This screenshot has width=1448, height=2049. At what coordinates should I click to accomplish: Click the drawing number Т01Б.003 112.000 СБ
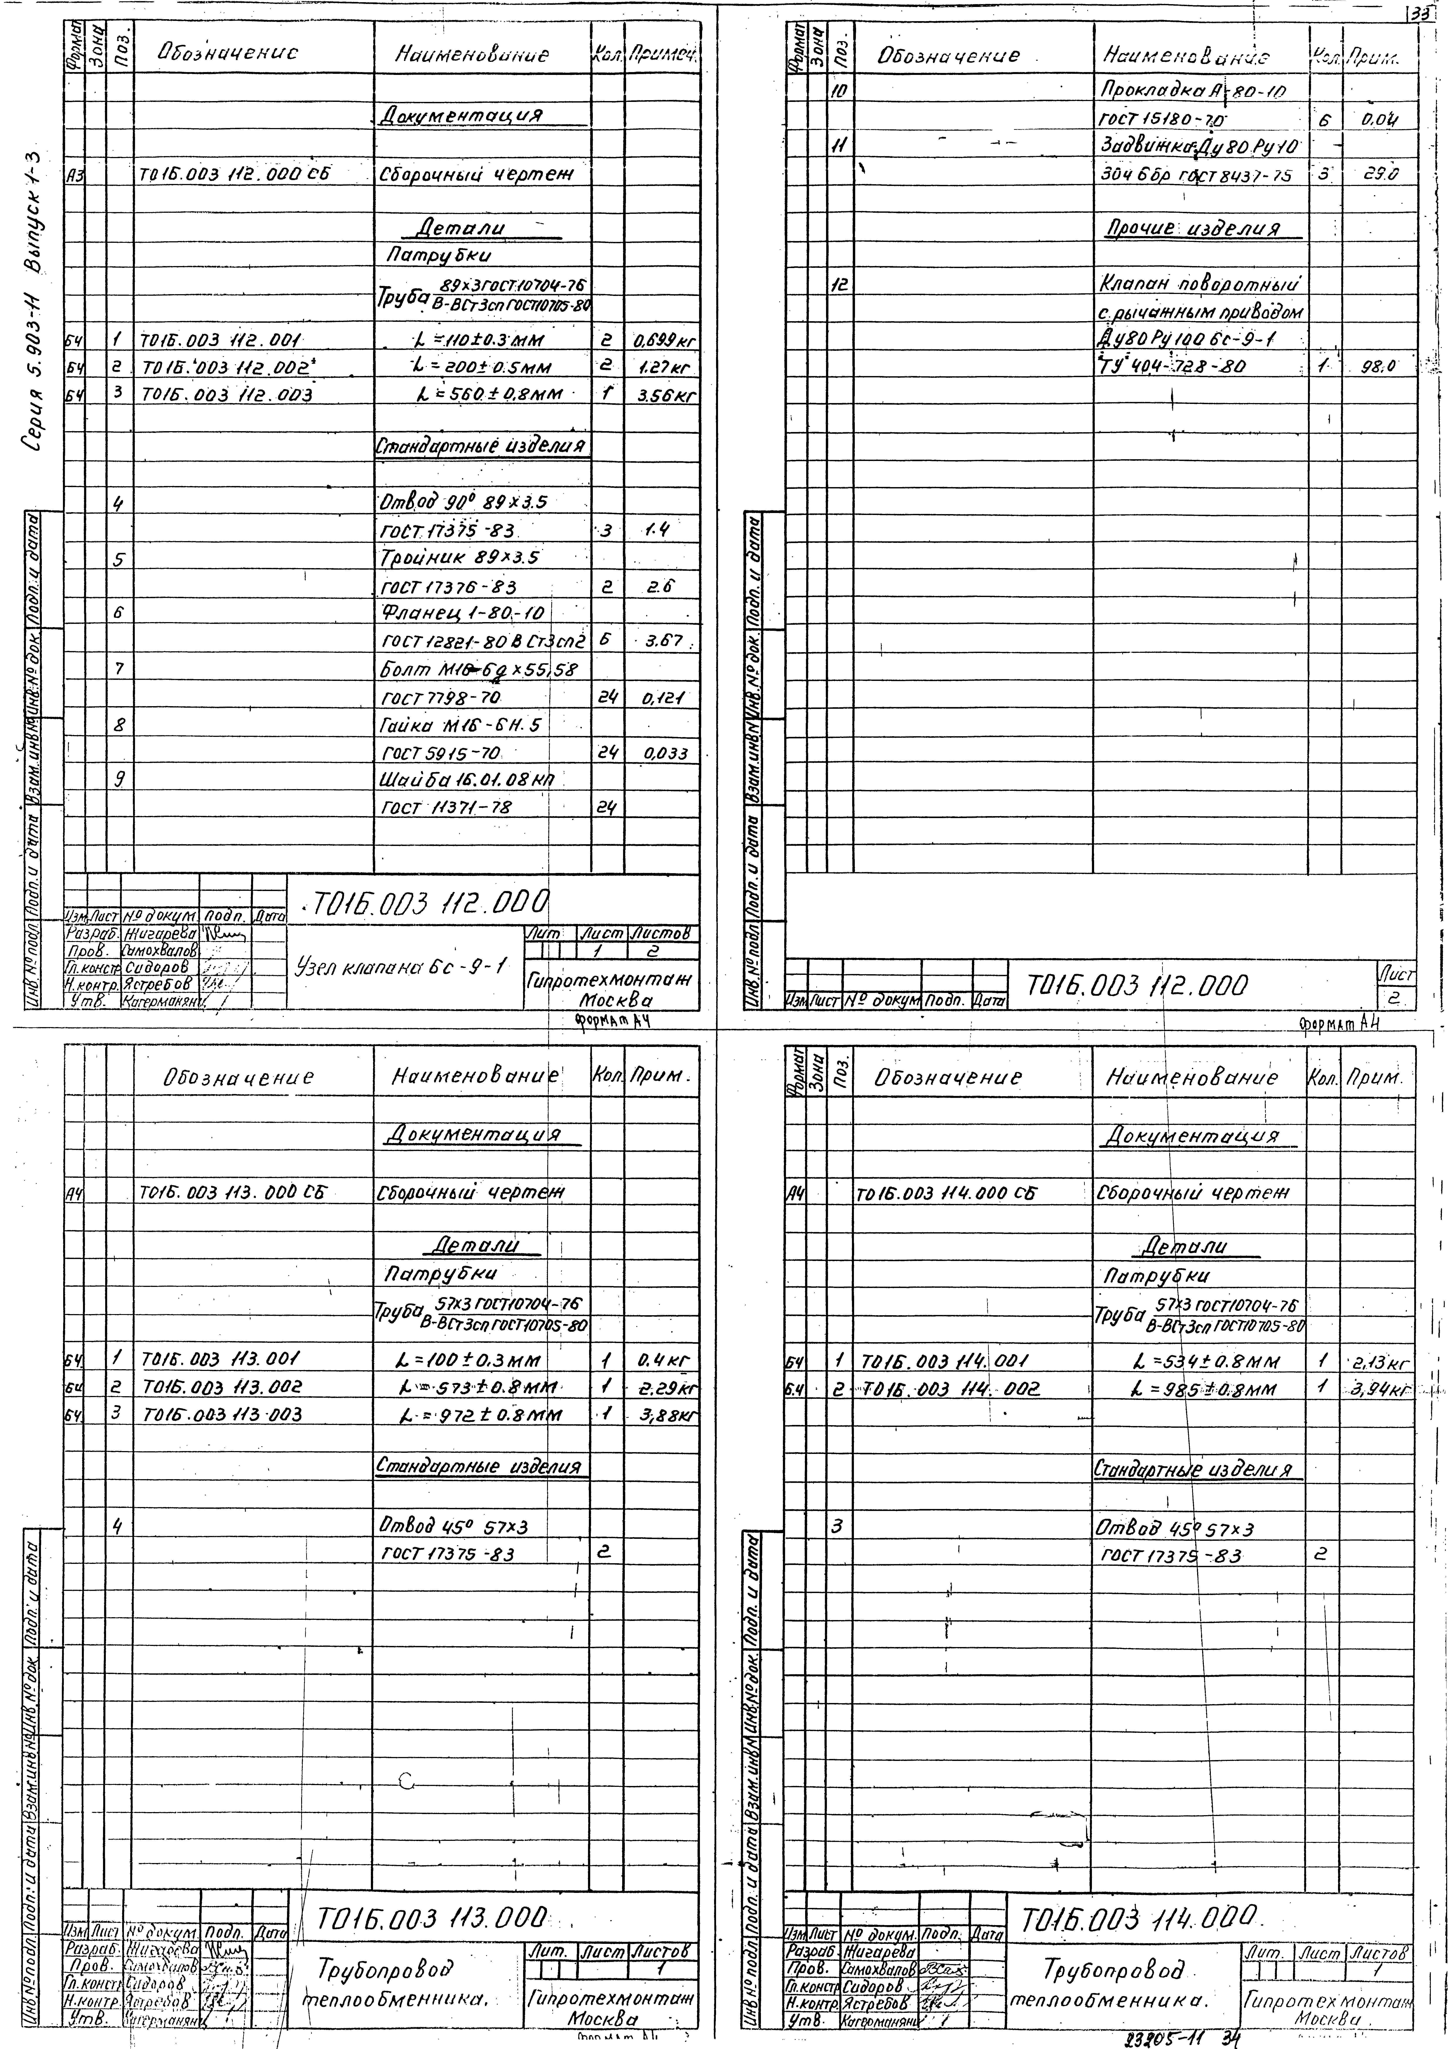234,175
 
